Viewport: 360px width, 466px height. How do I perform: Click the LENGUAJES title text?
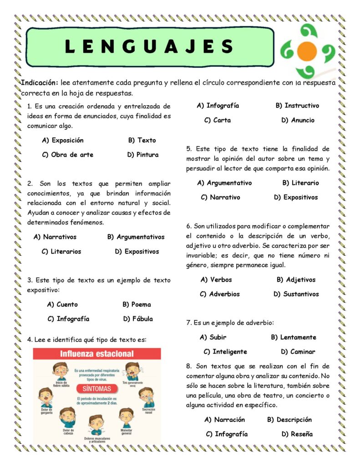pyautogui.click(x=149, y=46)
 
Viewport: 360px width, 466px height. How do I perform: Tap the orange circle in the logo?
pyautogui.click(x=308, y=51)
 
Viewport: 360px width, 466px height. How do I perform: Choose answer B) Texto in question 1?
pyautogui.click(x=142, y=140)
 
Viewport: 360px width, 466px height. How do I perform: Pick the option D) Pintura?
pyautogui.click(x=143, y=155)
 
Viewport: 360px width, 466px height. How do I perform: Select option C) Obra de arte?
pyautogui.click(x=67, y=155)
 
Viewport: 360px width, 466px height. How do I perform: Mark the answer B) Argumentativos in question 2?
pyautogui.click(x=136, y=237)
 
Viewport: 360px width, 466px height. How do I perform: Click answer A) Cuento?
pyautogui.click(x=62, y=304)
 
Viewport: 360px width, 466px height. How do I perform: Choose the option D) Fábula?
pyautogui.click(x=138, y=319)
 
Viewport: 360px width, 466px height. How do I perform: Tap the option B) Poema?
pyautogui.click(x=137, y=304)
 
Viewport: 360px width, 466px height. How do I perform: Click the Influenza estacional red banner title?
pyautogui.click(x=97, y=354)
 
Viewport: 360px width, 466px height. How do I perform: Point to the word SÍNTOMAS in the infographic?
pyautogui.click(x=96, y=389)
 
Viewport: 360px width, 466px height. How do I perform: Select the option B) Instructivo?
pyautogui.click(x=297, y=106)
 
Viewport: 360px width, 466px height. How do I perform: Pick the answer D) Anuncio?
pyautogui.click(x=298, y=120)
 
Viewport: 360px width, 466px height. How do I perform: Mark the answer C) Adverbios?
pyautogui.click(x=220, y=294)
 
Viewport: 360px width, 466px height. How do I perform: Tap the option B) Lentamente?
pyautogui.click(x=294, y=337)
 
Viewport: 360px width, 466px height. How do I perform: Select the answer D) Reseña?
pyautogui.click(x=297, y=434)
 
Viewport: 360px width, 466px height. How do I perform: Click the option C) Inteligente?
pyautogui.click(x=225, y=352)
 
